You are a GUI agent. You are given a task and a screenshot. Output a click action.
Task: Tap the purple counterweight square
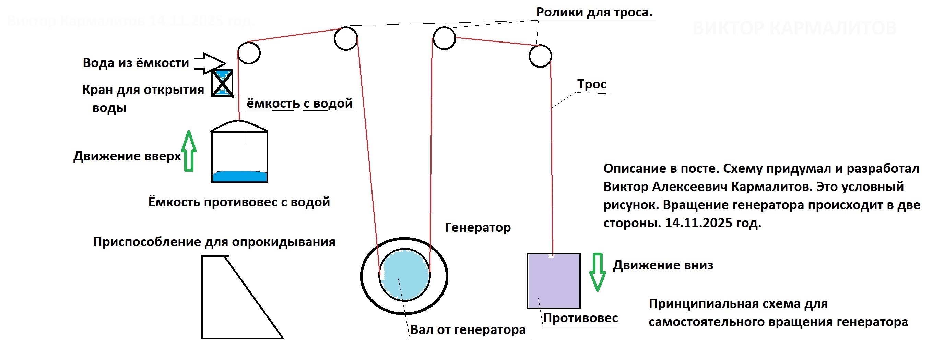[553, 281]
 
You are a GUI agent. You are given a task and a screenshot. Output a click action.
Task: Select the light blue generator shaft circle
[404, 275]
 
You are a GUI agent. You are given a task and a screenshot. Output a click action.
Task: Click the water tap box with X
[222, 83]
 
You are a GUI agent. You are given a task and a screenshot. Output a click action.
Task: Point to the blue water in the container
[239, 176]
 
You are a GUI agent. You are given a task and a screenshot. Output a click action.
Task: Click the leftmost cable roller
[249, 53]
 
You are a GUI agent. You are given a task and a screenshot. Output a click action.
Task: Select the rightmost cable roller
[540, 56]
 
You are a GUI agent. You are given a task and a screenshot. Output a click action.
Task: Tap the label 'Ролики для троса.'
[594, 12]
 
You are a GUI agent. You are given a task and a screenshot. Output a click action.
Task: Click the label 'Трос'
[591, 84]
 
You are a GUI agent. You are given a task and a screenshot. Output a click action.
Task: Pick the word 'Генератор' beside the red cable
[477, 227]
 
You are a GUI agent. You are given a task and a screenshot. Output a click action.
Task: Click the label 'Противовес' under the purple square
[580, 318]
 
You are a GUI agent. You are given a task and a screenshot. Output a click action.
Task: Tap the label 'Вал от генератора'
[468, 329]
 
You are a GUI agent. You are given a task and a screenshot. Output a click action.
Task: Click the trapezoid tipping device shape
[232, 301]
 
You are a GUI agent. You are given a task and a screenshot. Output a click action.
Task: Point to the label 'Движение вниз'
[663, 265]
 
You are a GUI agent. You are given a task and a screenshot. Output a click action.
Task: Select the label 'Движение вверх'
[127, 156]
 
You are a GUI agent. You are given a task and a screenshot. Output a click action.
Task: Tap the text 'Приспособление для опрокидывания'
[214, 242]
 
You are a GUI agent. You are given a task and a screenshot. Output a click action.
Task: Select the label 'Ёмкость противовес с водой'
[239, 202]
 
